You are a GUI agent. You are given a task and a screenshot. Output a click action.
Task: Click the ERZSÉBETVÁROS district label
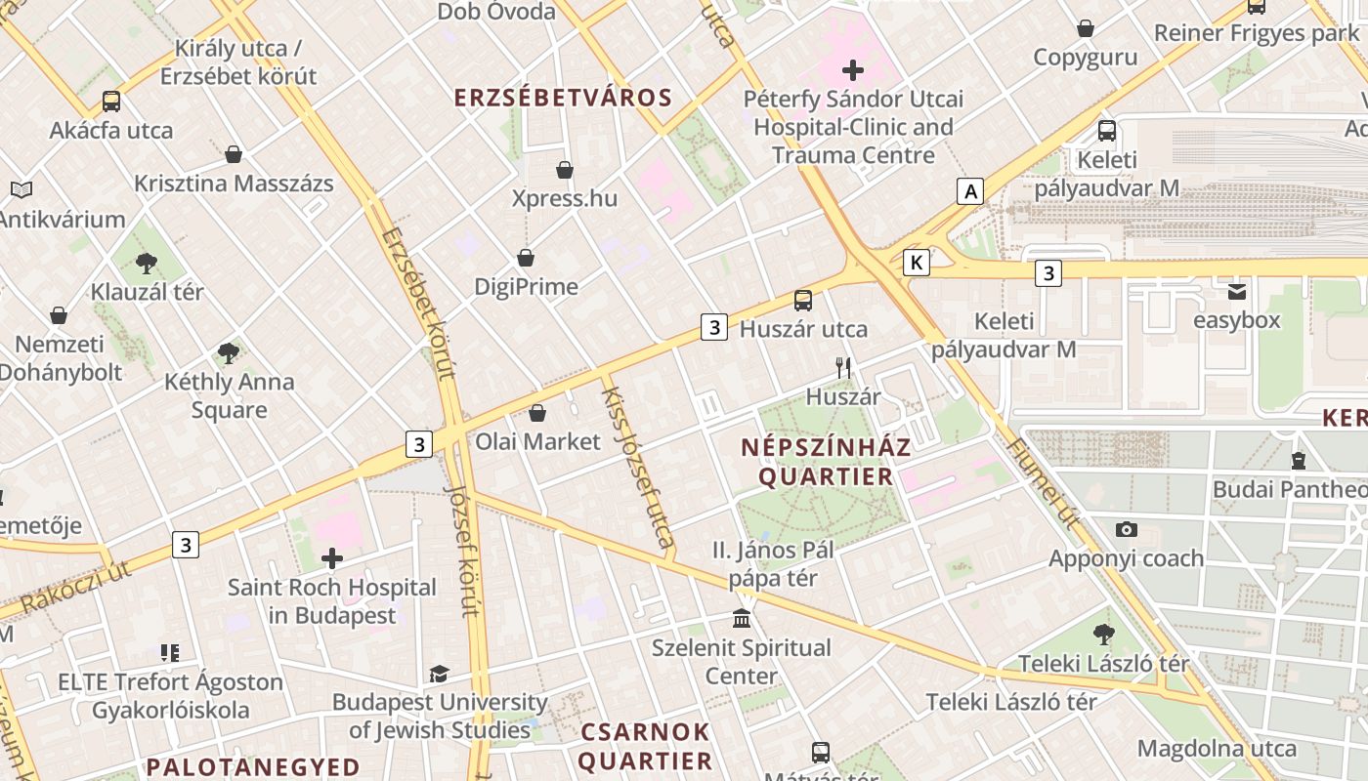pyautogui.click(x=564, y=98)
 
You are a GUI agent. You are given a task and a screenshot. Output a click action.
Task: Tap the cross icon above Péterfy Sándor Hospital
pyautogui.click(x=853, y=70)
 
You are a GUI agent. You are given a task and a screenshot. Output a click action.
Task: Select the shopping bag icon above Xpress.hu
pyautogui.click(x=565, y=170)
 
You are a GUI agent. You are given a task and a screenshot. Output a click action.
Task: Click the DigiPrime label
pyautogui.click(x=526, y=287)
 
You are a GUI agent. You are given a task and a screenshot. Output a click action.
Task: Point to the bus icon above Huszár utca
pyautogui.click(x=803, y=301)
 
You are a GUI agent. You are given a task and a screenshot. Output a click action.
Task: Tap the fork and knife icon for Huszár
pyautogui.click(x=843, y=368)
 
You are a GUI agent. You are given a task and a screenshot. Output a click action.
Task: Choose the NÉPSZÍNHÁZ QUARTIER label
pyautogui.click(x=826, y=462)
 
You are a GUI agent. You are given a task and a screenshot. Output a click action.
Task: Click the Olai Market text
pyautogui.click(x=537, y=442)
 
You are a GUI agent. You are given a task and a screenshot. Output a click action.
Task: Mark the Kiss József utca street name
pyautogui.click(x=637, y=467)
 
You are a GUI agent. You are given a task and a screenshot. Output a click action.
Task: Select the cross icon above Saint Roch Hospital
pyautogui.click(x=332, y=558)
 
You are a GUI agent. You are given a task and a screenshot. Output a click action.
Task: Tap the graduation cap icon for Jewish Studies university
pyautogui.click(x=439, y=674)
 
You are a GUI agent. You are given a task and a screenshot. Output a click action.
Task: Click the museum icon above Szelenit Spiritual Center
pyautogui.click(x=742, y=619)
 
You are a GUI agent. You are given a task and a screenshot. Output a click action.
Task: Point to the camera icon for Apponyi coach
pyautogui.click(x=1126, y=530)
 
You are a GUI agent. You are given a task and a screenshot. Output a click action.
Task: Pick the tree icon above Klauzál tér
pyautogui.click(x=147, y=263)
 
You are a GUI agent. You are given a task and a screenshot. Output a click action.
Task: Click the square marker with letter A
pyautogui.click(x=970, y=191)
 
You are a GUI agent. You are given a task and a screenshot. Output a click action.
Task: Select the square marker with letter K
pyautogui.click(x=916, y=263)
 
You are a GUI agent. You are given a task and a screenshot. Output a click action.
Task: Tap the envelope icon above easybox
pyautogui.click(x=1237, y=292)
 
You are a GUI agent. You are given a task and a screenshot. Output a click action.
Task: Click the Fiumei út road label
pyautogui.click(x=1042, y=483)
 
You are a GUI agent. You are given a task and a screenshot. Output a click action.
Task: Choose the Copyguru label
pyautogui.click(x=1085, y=58)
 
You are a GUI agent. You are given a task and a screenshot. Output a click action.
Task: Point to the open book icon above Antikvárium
pyautogui.click(x=21, y=190)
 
